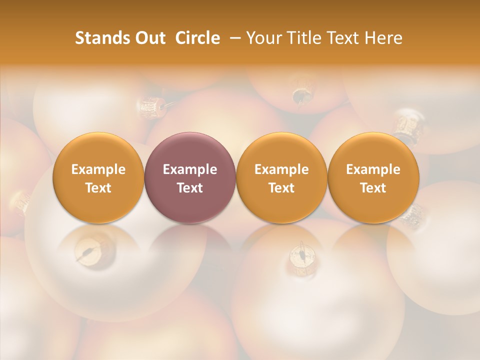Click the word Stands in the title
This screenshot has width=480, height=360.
click(96, 38)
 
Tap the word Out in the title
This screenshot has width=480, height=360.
click(149, 38)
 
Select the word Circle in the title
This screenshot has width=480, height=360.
click(197, 38)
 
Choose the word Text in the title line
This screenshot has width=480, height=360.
click(341, 38)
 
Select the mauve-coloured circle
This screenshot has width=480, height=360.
click(190, 177)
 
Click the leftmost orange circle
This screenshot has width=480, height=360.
click(98, 177)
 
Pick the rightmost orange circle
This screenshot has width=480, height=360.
click(373, 177)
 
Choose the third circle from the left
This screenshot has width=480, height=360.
click(281, 177)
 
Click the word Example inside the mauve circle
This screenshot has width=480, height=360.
click(190, 169)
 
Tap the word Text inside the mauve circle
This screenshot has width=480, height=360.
click(190, 188)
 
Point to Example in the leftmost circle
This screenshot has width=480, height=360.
click(98, 169)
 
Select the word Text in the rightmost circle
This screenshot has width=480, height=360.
click(373, 188)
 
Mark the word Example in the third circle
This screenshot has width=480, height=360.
click(281, 169)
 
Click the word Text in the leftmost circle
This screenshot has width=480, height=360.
click(98, 188)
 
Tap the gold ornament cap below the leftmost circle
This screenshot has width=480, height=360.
click(86, 251)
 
